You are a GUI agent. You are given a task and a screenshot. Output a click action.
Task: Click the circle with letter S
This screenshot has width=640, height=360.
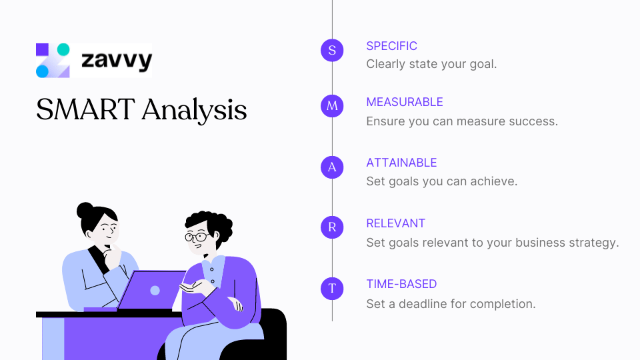click(x=332, y=50)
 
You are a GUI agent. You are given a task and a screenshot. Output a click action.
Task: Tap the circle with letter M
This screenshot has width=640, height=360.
click(x=332, y=106)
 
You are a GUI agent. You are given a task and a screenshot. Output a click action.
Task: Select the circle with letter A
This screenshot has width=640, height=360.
click(x=332, y=167)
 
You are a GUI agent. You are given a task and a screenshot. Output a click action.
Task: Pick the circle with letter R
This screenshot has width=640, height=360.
click(x=332, y=227)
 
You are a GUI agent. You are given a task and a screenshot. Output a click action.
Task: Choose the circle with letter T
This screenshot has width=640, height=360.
click(x=332, y=288)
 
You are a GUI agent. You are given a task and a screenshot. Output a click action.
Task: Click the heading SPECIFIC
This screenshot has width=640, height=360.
click(x=391, y=46)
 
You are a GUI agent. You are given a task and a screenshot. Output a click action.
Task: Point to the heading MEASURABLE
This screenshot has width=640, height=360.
click(x=404, y=102)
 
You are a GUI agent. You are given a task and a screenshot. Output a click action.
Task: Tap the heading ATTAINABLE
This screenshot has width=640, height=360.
click(x=401, y=163)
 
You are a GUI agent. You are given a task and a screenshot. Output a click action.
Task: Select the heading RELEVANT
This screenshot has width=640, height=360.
click(x=395, y=223)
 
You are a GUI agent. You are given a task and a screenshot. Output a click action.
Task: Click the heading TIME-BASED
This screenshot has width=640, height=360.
click(x=401, y=284)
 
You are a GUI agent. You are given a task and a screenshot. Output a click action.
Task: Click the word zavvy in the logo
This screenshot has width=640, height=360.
click(x=116, y=61)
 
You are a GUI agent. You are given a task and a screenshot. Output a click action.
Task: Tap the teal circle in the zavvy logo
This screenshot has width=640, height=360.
click(x=63, y=49)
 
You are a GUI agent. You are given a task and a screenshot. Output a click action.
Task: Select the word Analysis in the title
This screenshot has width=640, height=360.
click(x=194, y=111)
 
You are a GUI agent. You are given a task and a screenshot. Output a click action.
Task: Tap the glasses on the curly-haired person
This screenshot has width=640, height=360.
click(x=196, y=237)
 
